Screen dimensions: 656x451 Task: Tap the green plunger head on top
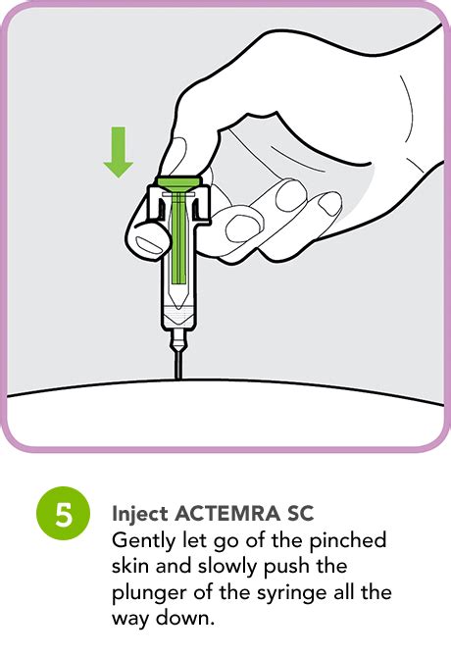pyautogui.click(x=177, y=181)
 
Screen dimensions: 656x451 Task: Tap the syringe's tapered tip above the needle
pyautogui.click(x=177, y=341)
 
